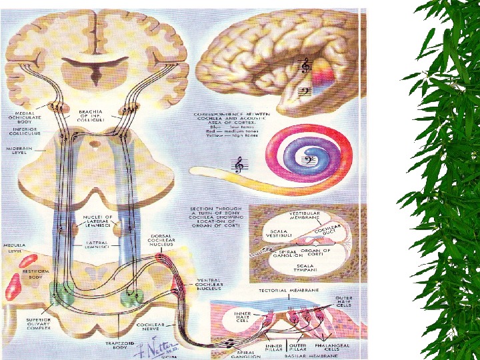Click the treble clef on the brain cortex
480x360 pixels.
coord(305,66)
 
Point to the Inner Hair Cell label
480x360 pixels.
coord(239,315)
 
